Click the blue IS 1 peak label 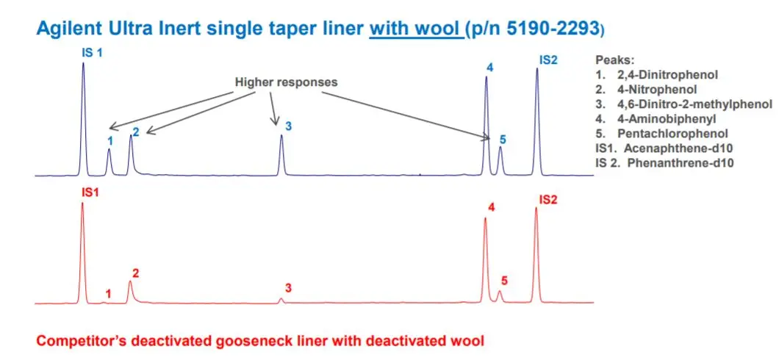tap(92, 51)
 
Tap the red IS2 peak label tap(548, 200)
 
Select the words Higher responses tap(286, 82)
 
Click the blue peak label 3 tap(287, 126)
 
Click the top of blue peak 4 tap(486, 77)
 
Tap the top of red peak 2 tap(130, 281)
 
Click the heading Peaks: tap(614, 60)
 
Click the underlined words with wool tap(415, 29)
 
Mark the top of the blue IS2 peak tap(537, 68)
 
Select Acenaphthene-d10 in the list tap(681, 148)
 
